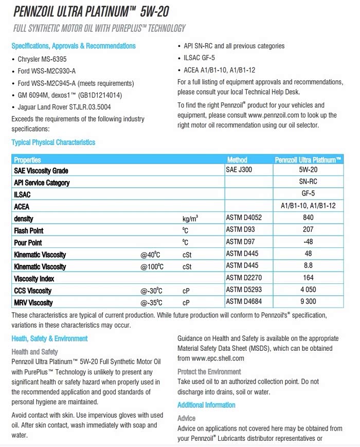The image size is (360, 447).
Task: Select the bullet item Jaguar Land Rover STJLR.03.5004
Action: click(64, 107)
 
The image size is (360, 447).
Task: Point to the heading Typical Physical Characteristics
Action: click(53, 142)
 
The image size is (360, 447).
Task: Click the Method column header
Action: click(237, 160)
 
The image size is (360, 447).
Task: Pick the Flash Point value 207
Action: click(308, 230)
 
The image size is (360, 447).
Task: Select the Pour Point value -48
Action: click(308, 242)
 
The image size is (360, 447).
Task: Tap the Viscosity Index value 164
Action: click(308, 278)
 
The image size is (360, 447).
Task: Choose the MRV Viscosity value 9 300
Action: click(308, 302)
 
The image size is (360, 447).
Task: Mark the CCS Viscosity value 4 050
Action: click(308, 291)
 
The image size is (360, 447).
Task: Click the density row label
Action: click(24, 219)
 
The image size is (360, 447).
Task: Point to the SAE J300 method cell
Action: click(240, 170)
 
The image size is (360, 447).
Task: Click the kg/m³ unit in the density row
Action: click(190, 219)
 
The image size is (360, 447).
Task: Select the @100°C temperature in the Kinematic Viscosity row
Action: click(153, 266)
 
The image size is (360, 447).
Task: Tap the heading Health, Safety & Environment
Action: click(49, 338)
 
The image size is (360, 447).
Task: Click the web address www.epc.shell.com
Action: click(218, 358)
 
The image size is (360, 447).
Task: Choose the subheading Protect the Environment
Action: click(209, 371)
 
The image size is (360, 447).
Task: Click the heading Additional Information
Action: click(206, 405)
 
